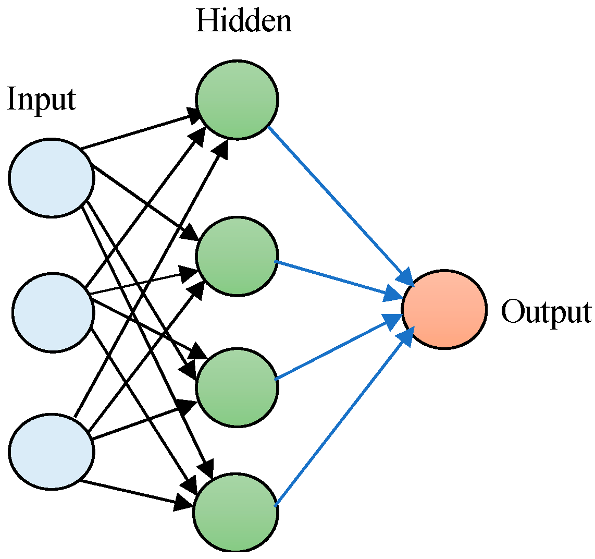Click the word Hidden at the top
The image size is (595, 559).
(243, 21)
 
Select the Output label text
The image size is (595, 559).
(546, 312)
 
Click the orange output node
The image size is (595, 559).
(444, 309)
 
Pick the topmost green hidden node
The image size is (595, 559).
(237, 100)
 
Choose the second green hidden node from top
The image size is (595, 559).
(237, 257)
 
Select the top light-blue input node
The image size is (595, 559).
(52, 178)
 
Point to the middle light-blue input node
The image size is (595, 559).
(53, 312)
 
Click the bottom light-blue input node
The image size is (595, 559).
(52, 451)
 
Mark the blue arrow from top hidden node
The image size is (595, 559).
(339, 203)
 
